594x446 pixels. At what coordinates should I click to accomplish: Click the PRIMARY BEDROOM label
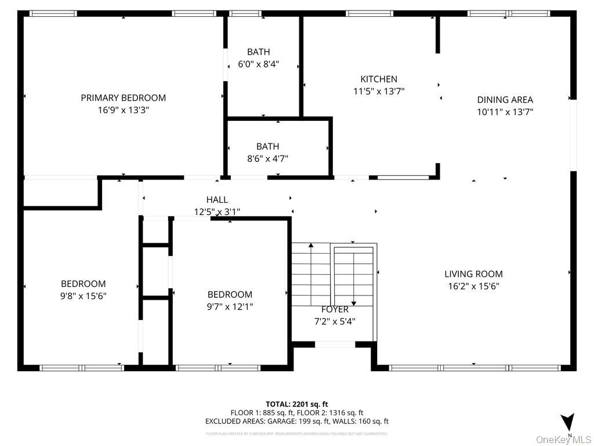pyautogui.click(x=123, y=98)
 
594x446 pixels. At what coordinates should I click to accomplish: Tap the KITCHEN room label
pyautogui.click(x=379, y=79)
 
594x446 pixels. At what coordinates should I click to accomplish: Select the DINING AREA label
pyautogui.click(x=505, y=100)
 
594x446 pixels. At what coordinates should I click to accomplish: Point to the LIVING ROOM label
pyautogui.click(x=473, y=274)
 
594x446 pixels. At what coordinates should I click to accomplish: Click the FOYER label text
pyautogui.click(x=335, y=310)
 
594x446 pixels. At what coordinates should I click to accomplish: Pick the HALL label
pyautogui.click(x=217, y=200)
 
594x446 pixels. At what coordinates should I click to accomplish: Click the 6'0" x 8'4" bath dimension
pyautogui.click(x=259, y=64)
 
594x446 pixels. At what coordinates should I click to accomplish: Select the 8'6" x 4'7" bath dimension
pyautogui.click(x=267, y=159)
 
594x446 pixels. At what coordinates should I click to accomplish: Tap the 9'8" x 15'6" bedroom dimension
pyautogui.click(x=84, y=296)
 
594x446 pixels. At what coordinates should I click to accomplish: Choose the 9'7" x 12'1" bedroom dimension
pyautogui.click(x=230, y=306)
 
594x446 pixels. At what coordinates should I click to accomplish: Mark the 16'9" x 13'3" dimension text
pyautogui.click(x=123, y=110)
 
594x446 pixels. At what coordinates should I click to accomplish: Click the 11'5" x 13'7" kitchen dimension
pyautogui.click(x=379, y=91)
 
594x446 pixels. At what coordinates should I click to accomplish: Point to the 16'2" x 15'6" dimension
pyautogui.click(x=473, y=286)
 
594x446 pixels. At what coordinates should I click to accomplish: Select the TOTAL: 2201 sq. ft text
pyautogui.click(x=296, y=404)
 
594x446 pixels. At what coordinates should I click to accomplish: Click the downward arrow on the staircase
pyautogui.click(x=353, y=301)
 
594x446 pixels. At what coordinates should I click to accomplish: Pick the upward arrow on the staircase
pyautogui.click(x=311, y=248)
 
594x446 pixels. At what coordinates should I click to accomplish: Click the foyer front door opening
pyautogui.click(x=335, y=344)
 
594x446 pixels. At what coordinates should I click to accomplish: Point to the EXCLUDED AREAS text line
pyautogui.click(x=296, y=422)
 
